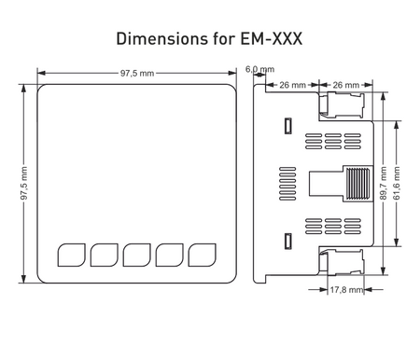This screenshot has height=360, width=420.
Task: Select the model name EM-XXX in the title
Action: [272, 39]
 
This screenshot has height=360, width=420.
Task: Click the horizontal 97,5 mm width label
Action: [137, 74]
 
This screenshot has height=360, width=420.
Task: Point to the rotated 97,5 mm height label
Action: [24, 184]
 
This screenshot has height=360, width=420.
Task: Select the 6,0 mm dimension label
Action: [259, 69]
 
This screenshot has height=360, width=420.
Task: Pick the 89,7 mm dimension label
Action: [384, 183]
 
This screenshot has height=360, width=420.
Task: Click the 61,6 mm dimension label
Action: [397, 183]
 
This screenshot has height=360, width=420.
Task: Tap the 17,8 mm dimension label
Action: [346, 290]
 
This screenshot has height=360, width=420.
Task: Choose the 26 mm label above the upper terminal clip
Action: [346, 85]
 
